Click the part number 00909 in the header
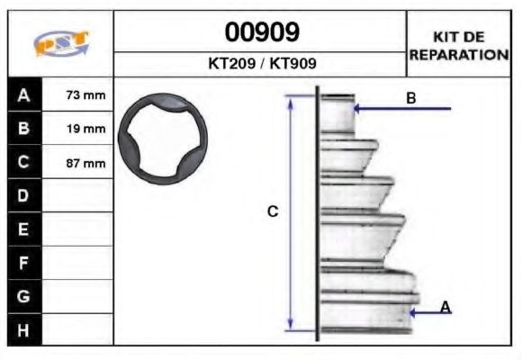coord(261,33)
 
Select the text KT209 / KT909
coord(261,65)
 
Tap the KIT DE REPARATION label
coord(459,45)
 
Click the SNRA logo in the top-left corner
coord(60,45)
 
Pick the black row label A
coord(23,94)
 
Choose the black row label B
coord(23,128)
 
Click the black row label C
coord(23,162)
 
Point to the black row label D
coord(23,195)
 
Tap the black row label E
coord(23,229)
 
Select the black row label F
coord(23,263)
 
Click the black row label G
coord(23,296)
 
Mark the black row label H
coord(23,329)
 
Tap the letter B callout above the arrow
coord(410,98)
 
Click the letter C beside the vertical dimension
coord(273,211)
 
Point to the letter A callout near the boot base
coord(445,307)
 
